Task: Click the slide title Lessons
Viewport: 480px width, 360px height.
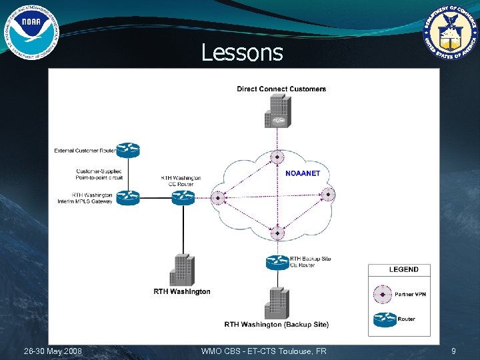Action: point(242,52)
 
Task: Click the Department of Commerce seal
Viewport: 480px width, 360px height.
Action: point(451,31)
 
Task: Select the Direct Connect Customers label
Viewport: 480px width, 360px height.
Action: point(281,89)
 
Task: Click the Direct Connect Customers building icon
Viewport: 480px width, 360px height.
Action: point(277,111)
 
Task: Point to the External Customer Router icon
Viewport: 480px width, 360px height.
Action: point(127,150)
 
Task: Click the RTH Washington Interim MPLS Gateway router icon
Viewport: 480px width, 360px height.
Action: point(127,197)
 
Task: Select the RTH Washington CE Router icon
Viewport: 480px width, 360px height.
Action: point(183,197)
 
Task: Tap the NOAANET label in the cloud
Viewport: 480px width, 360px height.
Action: point(303,173)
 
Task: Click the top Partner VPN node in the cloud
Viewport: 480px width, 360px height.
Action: point(277,158)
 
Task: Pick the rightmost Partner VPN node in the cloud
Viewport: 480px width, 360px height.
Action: point(328,195)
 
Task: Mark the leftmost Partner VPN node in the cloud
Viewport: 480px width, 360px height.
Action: point(217,197)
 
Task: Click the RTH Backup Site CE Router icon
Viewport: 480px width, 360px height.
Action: point(277,262)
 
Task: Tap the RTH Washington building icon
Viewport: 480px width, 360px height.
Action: point(181,270)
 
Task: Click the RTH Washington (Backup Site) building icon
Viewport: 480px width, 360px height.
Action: point(277,303)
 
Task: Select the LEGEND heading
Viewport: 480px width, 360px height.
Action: point(403,269)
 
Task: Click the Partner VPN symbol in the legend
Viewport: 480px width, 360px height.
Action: point(383,293)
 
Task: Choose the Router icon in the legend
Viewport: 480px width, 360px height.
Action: point(383,319)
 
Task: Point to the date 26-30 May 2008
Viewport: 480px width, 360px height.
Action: point(53,351)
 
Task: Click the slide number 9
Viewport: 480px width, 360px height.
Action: point(453,351)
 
